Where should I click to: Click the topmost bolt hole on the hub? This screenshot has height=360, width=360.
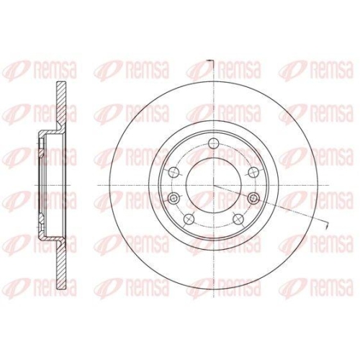point(213,144)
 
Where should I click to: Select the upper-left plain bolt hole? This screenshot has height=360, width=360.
point(174,172)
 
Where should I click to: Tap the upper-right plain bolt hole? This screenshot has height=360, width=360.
point(253,172)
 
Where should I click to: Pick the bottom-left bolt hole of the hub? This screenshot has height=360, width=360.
point(189,219)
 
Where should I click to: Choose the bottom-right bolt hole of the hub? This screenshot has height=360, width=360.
point(238,219)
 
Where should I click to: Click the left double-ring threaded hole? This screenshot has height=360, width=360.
point(174,198)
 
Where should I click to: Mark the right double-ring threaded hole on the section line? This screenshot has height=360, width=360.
point(253,198)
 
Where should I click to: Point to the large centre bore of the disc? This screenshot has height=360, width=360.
point(213,185)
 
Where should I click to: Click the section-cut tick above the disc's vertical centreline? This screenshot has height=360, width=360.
point(210,60)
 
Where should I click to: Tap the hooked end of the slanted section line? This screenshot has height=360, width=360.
point(327,225)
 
